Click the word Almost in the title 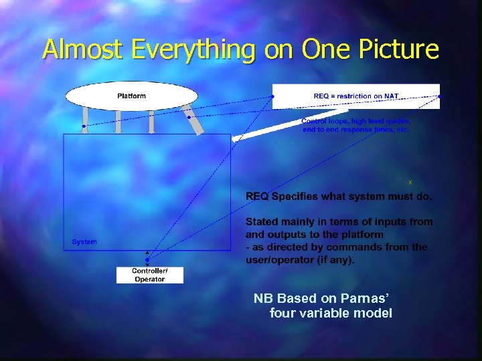(80, 49)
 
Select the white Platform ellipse (132, 96)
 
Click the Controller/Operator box (149, 275)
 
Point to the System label (84, 242)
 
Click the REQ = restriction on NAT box (355, 96)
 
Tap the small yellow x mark (410, 182)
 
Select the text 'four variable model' (331, 313)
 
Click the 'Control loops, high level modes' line (355, 121)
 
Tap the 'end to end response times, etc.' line (355, 129)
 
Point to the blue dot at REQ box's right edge (439, 97)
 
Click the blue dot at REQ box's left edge (272, 97)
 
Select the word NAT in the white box (390, 96)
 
